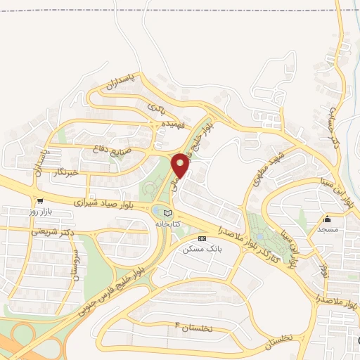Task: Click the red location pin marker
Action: click(181, 165)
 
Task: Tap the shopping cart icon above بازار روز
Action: click(40, 201)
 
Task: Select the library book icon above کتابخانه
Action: click(167, 213)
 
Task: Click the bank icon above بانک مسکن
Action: click(202, 239)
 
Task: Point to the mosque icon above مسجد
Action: click(328, 219)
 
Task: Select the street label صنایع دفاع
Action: click(112, 148)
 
